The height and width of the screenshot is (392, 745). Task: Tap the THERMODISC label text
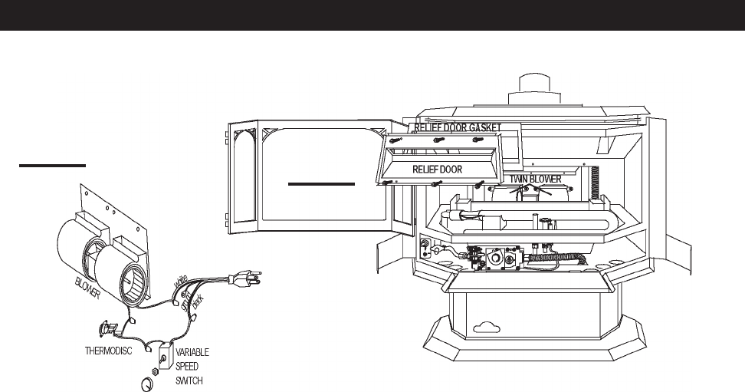109,351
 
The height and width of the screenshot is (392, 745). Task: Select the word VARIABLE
192,352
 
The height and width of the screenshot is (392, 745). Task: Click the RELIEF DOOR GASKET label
458,126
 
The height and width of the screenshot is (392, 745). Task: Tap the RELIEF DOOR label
438,169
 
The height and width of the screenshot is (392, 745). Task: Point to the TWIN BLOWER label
536,179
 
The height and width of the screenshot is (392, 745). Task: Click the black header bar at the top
372,15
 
